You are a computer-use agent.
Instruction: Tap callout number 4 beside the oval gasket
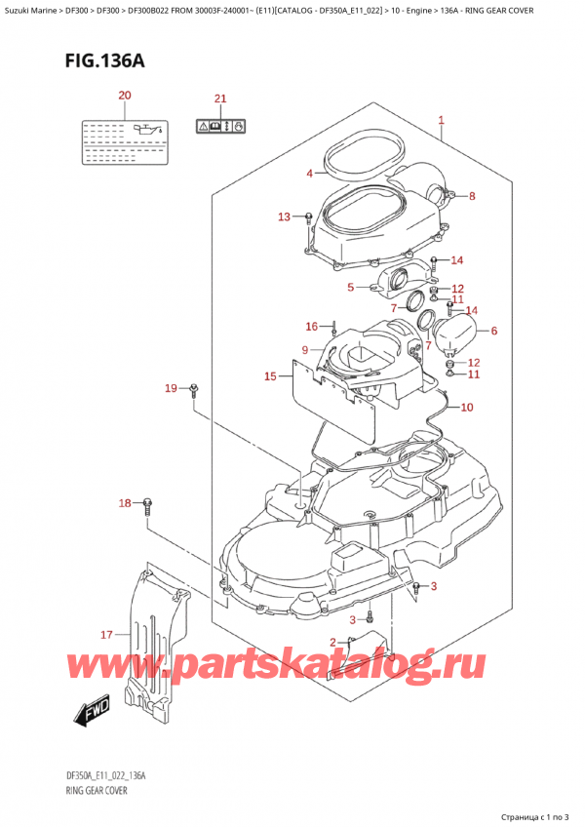(309, 174)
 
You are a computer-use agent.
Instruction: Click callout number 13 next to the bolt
(284, 216)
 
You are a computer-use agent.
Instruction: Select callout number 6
(493, 331)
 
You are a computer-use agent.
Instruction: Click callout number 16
(312, 326)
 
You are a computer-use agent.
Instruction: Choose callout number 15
(270, 375)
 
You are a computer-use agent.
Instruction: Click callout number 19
(171, 389)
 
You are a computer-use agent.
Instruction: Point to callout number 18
(124, 503)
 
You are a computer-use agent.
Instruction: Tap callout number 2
(333, 641)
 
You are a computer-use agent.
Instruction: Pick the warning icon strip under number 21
(220, 125)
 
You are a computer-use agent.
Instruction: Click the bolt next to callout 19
(195, 390)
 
